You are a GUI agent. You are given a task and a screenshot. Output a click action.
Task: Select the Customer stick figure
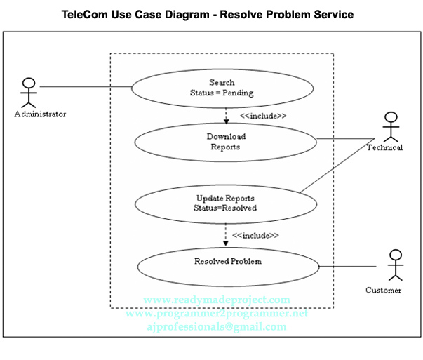[x=395, y=267]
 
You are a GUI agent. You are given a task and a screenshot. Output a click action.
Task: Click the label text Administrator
[x=40, y=114]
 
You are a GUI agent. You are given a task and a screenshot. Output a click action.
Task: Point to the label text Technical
[x=384, y=147]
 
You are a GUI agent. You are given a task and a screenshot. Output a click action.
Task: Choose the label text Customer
[x=384, y=290]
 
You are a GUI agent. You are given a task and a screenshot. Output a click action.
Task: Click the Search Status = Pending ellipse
[x=222, y=88]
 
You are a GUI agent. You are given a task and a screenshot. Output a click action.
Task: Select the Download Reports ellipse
[x=225, y=142]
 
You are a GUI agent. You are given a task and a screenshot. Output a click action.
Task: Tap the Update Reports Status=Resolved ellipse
[x=225, y=203]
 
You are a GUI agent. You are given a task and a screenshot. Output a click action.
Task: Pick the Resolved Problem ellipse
[x=228, y=265]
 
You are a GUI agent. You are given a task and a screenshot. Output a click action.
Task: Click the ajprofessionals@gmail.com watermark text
[x=217, y=327]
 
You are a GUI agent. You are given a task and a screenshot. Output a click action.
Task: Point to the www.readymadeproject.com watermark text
[x=216, y=300]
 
